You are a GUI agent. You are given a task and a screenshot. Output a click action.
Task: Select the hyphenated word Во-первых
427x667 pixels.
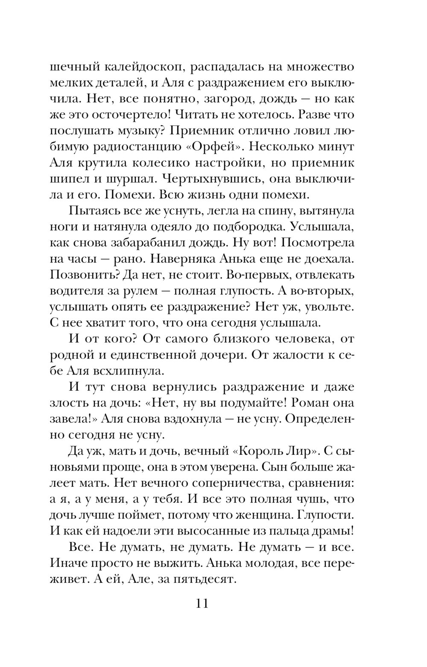255,274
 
